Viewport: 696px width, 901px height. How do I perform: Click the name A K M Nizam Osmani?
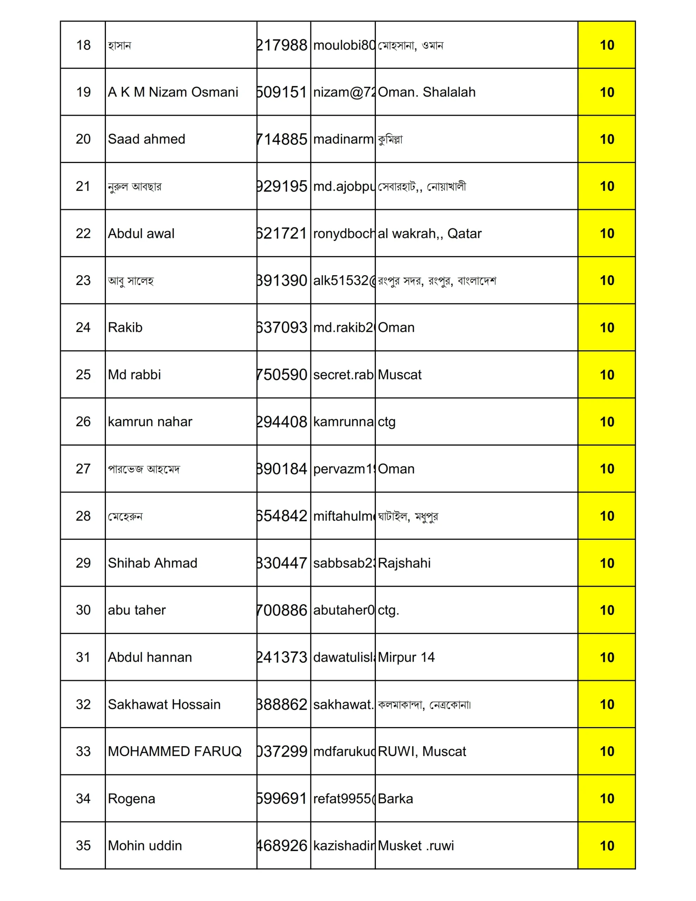click(x=173, y=92)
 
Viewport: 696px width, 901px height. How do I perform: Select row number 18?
click(x=83, y=45)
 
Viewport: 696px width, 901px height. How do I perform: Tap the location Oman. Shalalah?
click(x=426, y=92)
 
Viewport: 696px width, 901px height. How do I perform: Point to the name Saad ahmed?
click(x=146, y=139)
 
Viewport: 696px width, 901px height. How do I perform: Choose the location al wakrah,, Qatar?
click(x=430, y=233)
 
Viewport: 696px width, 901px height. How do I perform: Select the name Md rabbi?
click(x=134, y=374)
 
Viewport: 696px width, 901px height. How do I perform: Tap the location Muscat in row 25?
click(x=399, y=374)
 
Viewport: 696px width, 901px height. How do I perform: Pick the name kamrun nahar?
click(x=150, y=422)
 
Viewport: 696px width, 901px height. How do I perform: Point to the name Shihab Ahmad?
click(x=152, y=563)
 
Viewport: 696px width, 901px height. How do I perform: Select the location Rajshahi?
click(x=404, y=563)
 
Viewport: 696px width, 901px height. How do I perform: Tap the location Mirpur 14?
click(x=406, y=657)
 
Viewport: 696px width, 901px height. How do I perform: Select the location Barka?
click(x=395, y=799)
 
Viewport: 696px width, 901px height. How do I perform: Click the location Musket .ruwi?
click(x=416, y=846)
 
